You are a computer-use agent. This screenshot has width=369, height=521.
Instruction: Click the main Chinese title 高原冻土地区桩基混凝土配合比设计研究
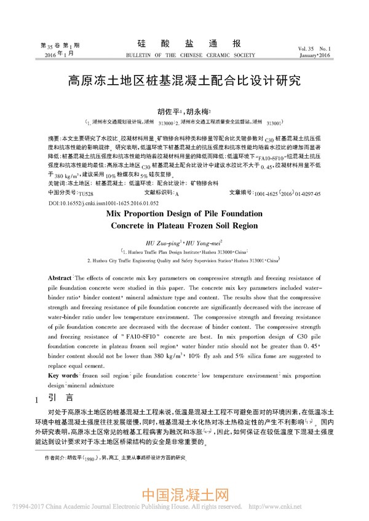(x=184, y=80)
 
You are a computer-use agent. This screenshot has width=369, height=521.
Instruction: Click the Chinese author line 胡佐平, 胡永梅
(x=184, y=111)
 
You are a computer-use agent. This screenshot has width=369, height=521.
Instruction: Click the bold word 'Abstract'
(x=60, y=278)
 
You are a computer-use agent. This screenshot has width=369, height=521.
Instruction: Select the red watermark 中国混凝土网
(x=185, y=495)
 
